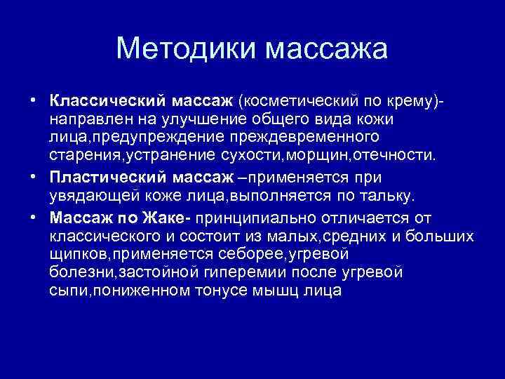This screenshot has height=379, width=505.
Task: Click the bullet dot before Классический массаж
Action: (x=34, y=102)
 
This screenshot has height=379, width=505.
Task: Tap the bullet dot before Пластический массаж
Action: (x=34, y=178)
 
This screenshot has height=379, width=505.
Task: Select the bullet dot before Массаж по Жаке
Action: (x=34, y=217)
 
